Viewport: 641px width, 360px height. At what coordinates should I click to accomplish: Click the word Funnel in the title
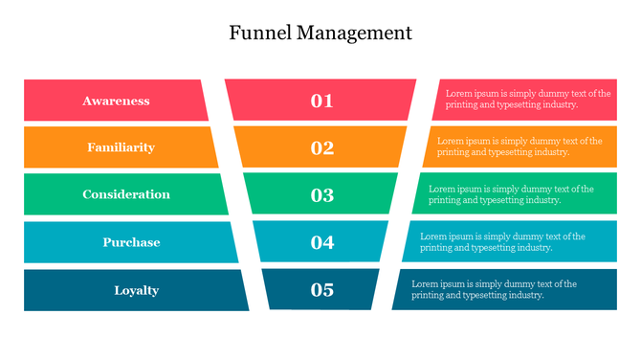tap(260, 33)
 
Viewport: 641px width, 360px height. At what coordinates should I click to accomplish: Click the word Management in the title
tap(354, 34)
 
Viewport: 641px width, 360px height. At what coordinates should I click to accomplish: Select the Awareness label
tap(116, 101)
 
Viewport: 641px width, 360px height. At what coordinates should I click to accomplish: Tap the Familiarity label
tap(121, 147)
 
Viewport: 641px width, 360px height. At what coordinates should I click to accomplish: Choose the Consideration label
tap(126, 194)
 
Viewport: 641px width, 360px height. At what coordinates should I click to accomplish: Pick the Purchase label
tap(131, 242)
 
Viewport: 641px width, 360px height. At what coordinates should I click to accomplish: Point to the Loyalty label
tap(136, 290)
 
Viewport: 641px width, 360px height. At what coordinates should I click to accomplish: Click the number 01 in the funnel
tap(321, 101)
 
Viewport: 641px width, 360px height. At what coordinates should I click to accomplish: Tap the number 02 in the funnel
tap(321, 147)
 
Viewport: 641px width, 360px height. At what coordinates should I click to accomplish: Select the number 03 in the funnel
tap(321, 195)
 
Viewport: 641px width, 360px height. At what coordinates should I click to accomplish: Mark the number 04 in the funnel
tap(321, 242)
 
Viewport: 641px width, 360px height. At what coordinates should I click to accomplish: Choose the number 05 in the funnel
tap(321, 290)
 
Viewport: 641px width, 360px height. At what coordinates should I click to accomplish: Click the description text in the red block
tap(527, 100)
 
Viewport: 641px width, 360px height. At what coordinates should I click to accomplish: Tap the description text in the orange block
tap(519, 146)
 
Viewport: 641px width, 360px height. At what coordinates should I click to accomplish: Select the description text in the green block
tap(511, 194)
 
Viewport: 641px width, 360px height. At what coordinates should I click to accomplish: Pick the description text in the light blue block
tap(502, 241)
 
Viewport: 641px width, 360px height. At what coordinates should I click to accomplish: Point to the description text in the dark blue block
tap(494, 289)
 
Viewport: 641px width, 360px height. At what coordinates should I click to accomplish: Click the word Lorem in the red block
tap(459, 94)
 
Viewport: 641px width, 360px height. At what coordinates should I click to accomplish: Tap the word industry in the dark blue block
tap(525, 296)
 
